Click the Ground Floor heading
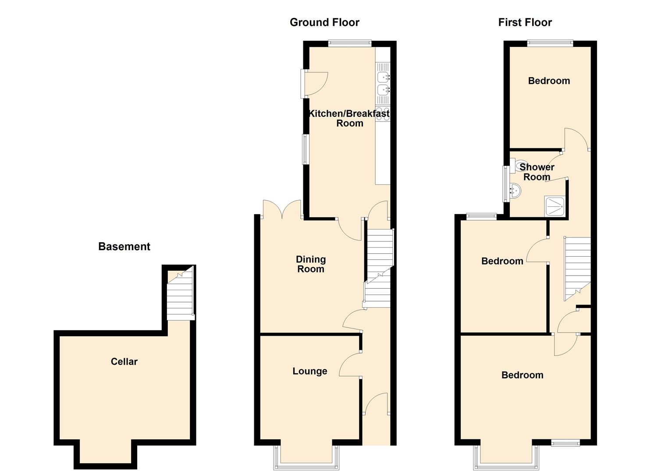tap(324, 22)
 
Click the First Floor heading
tap(525, 22)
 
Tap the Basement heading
tap(124, 247)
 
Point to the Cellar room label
tap(124, 361)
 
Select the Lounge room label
tap(310, 371)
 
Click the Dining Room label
tap(311, 264)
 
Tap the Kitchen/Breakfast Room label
tap(349, 118)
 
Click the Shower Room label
tap(537, 172)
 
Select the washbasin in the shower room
tap(516, 191)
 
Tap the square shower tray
tap(555, 206)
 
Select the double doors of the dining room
tap(282, 209)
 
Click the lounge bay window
tap(306, 457)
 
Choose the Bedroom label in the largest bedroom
tap(522, 375)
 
